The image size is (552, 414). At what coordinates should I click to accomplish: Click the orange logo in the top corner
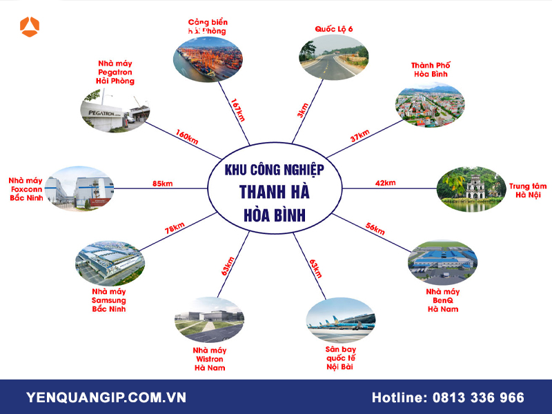pyautogui.click(x=30, y=27)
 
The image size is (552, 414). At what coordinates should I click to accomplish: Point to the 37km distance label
pyautogui.click(x=360, y=137)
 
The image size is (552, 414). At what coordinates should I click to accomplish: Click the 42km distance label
pyautogui.click(x=385, y=183)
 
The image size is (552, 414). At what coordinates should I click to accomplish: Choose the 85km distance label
pyautogui.click(x=163, y=184)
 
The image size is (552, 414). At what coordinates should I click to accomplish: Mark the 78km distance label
pyautogui.click(x=175, y=228)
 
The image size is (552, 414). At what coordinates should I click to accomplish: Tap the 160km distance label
pyautogui.click(x=187, y=137)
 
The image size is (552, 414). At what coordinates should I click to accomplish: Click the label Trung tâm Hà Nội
pyautogui.click(x=528, y=190)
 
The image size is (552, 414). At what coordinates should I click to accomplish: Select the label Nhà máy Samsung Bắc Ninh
pyautogui.click(x=108, y=299)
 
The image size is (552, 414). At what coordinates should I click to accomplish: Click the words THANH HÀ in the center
pyautogui.click(x=275, y=192)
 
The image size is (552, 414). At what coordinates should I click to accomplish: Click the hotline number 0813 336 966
pyautogui.click(x=477, y=398)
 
